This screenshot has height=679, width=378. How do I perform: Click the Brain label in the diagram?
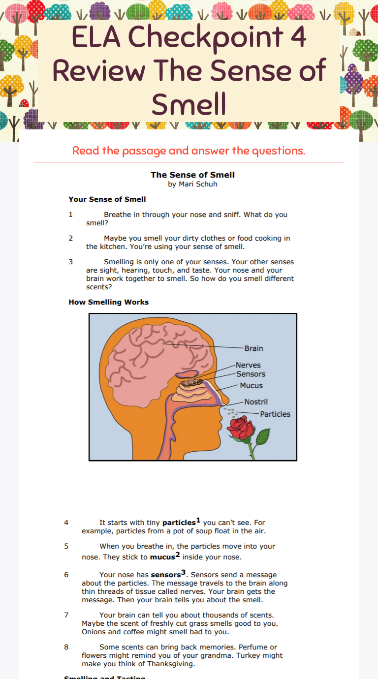253,348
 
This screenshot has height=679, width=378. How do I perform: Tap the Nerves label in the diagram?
248,365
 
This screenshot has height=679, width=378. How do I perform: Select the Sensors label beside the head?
251,374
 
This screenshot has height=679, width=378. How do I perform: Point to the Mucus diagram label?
251,386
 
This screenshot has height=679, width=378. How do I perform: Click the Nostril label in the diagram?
256,402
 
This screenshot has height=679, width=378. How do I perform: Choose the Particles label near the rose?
275,414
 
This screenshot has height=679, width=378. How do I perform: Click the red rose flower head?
241,427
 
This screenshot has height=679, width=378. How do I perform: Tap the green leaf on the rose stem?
263,436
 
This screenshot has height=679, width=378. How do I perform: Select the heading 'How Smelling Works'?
108,302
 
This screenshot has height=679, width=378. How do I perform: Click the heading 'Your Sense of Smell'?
107,199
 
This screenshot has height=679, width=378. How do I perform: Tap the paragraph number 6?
66,575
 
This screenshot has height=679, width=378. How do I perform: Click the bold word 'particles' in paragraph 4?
179,523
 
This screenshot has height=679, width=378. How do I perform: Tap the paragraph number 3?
71,262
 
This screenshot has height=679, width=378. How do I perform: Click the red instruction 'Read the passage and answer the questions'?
189,151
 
